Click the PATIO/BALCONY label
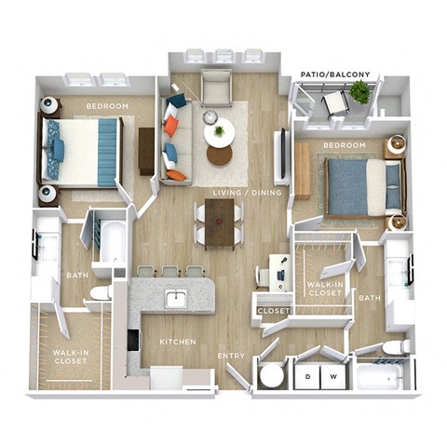[x=335, y=74]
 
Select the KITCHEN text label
[x=177, y=343]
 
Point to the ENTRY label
[x=231, y=356]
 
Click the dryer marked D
[x=308, y=375]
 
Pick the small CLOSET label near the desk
[x=274, y=310]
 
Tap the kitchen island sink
[x=176, y=298]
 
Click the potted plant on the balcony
[x=359, y=92]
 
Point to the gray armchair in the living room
[x=216, y=88]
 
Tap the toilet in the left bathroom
[x=102, y=292]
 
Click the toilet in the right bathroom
[x=397, y=346]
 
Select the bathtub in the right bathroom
[x=380, y=375]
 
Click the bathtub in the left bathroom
[x=112, y=240]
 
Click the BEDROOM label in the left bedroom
[x=106, y=106]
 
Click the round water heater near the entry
[x=272, y=376]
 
